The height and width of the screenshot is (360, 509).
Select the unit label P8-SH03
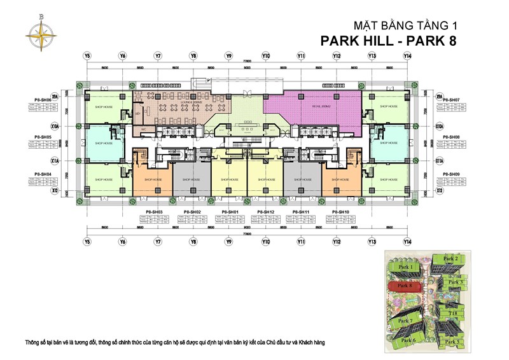(x=155, y=211)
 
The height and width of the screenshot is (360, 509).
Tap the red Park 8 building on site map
(x=405, y=286)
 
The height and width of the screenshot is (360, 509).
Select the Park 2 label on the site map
(x=450, y=259)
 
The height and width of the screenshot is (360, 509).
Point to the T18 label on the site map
(x=453, y=313)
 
